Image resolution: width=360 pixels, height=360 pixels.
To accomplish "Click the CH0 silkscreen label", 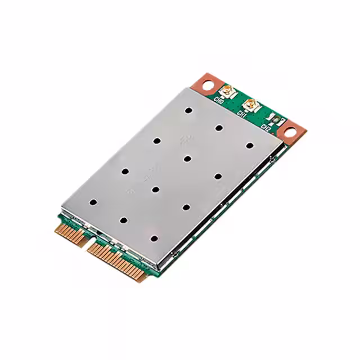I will pyautogui.click(x=219, y=100).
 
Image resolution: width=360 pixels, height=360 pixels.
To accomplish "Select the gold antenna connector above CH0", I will pyautogui.click(x=227, y=90).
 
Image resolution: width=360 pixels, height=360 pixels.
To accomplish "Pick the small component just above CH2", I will pyautogui.click(x=273, y=118).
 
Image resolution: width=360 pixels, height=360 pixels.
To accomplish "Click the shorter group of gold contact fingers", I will pyautogui.click(x=67, y=232).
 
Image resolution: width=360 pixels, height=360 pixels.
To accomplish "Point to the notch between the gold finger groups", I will pyautogui.click(x=85, y=242).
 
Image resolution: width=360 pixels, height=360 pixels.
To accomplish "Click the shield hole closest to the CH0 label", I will pyautogui.click(x=188, y=111).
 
